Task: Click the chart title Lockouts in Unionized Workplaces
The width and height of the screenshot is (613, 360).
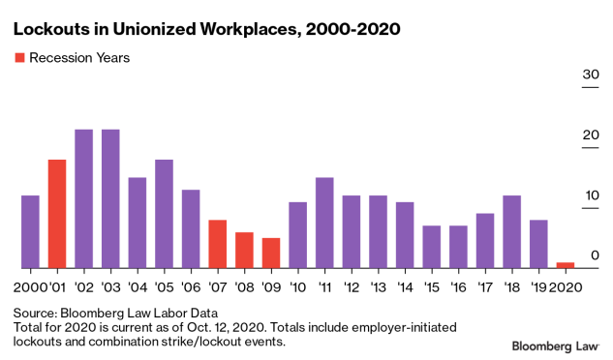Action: tap(206, 30)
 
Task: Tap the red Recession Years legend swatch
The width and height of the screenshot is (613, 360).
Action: tap(18, 58)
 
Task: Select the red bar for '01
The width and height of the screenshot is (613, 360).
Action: tap(57, 214)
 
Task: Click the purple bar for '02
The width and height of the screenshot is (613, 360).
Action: tap(84, 198)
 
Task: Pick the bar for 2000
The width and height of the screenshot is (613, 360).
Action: tap(30, 232)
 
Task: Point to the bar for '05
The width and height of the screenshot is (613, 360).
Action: tap(165, 214)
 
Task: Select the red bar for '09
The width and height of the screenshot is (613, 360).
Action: tap(271, 254)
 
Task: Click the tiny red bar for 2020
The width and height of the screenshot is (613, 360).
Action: tap(566, 265)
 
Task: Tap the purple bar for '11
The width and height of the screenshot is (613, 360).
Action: tap(324, 223)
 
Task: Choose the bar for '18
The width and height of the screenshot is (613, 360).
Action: tap(512, 232)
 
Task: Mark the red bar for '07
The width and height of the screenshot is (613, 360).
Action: tap(218, 244)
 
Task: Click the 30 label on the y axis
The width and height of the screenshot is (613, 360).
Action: tap(590, 75)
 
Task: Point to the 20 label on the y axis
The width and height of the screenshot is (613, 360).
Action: tap(590, 135)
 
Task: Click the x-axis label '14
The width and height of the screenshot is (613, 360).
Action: tap(405, 287)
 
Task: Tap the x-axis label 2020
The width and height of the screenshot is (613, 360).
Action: tap(566, 287)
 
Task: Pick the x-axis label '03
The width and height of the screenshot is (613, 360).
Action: tap(110, 287)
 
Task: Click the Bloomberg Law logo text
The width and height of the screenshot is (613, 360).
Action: tap(555, 345)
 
